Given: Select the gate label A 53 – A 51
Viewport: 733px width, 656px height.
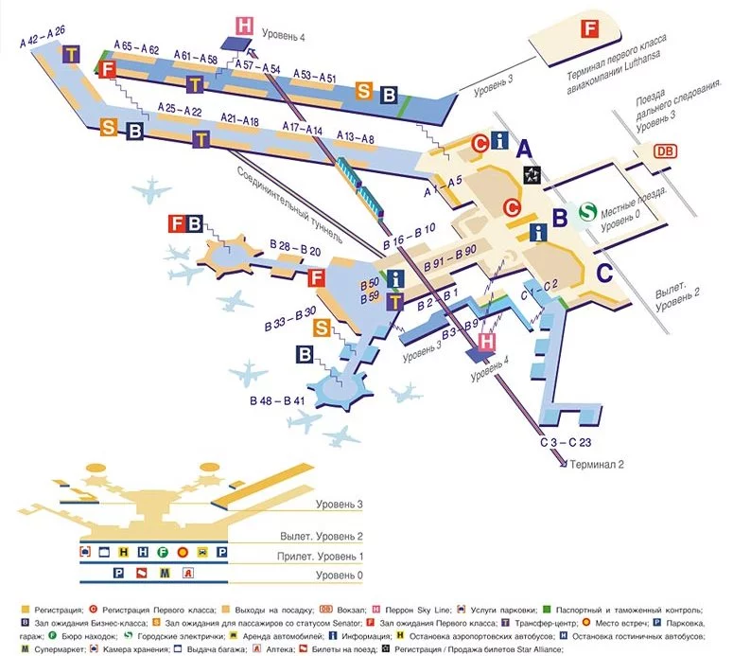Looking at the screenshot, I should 314,75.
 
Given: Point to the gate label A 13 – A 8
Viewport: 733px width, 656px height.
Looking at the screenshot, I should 356,139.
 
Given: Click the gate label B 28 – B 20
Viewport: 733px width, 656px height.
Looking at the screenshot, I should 295,252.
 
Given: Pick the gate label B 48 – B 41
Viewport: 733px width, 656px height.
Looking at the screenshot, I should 278,401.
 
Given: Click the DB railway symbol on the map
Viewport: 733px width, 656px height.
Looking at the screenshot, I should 667,151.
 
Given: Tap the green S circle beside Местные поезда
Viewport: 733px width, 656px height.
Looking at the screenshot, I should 588,211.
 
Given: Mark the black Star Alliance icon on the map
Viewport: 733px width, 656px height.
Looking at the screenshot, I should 533,174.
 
